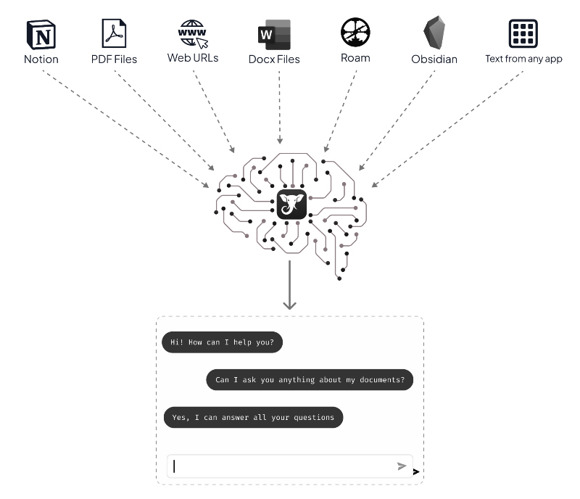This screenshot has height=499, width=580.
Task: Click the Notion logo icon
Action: coord(41,34)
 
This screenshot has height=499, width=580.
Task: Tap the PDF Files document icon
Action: coord(114,33)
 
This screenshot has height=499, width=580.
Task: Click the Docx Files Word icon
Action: coord(274,34)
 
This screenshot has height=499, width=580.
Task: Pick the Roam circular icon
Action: coord(355,33)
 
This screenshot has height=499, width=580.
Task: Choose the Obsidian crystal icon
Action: coord(434,33)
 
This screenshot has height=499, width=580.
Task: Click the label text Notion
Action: coord(41,59)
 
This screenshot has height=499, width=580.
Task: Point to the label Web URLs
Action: coord(193,58)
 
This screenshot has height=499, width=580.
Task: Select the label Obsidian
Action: coord(434,59)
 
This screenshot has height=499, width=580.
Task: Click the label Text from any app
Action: coord(523,59)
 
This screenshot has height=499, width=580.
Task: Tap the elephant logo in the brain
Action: coord(292,204)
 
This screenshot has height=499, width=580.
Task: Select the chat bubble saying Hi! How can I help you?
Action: coord(222,342)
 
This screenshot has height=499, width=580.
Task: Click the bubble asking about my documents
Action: coord(310,379)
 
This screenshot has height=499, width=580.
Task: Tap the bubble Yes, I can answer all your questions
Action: coord(252,417)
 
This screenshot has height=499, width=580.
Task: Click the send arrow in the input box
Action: coord(402,466)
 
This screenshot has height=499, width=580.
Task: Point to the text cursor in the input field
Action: coord(175,466)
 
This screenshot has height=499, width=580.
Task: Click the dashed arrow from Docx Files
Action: coord(279,109)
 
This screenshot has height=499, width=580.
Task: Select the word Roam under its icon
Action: coord(355,58)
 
